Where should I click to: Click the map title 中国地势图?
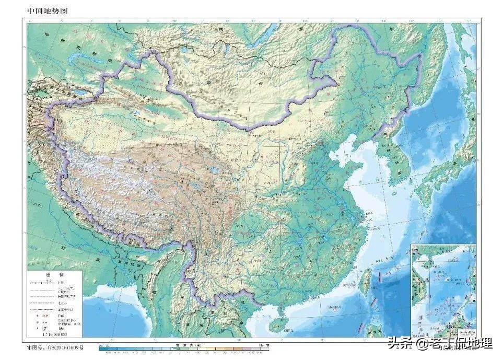click(48, 11)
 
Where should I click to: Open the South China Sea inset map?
click(443, 291)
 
